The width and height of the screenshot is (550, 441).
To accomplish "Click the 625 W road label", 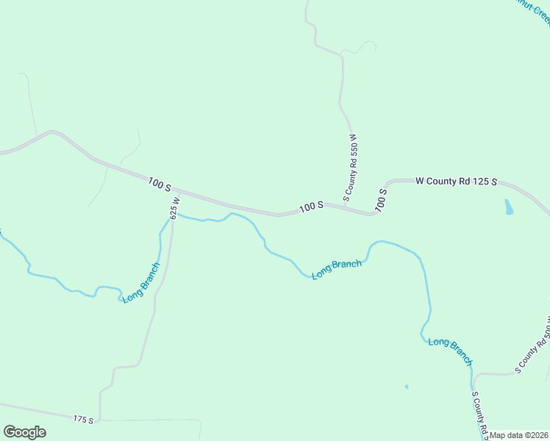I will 174,208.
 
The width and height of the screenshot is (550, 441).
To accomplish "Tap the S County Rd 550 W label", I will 353,167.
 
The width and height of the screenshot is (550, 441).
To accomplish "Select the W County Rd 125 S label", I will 457,181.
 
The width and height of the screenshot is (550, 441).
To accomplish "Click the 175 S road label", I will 83,419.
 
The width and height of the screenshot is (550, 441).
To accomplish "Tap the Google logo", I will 24,432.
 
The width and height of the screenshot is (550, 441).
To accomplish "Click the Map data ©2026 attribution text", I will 519,435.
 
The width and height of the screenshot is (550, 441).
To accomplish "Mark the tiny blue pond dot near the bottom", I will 406,386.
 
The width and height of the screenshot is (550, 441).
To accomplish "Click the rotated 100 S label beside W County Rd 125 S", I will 382,200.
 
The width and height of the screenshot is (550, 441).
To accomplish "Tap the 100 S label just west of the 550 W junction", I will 312,208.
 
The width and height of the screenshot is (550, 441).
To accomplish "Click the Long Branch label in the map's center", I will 337,269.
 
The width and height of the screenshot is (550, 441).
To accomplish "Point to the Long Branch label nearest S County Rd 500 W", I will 450,351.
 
